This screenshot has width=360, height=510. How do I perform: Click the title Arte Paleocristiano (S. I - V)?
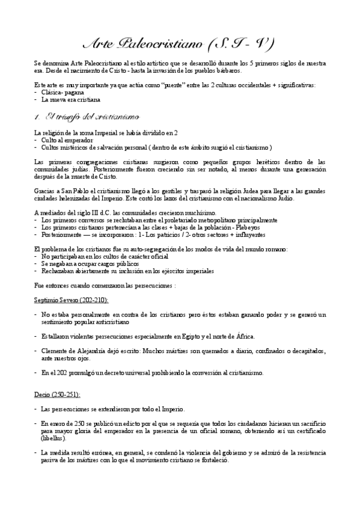(178, 44)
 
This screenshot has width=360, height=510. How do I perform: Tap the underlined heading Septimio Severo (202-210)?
(66, 300)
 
